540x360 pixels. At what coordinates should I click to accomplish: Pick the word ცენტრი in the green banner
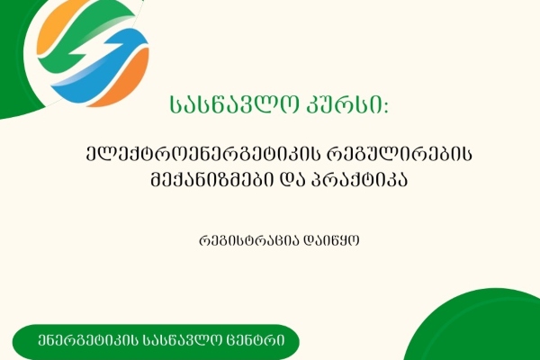(261, 342)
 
